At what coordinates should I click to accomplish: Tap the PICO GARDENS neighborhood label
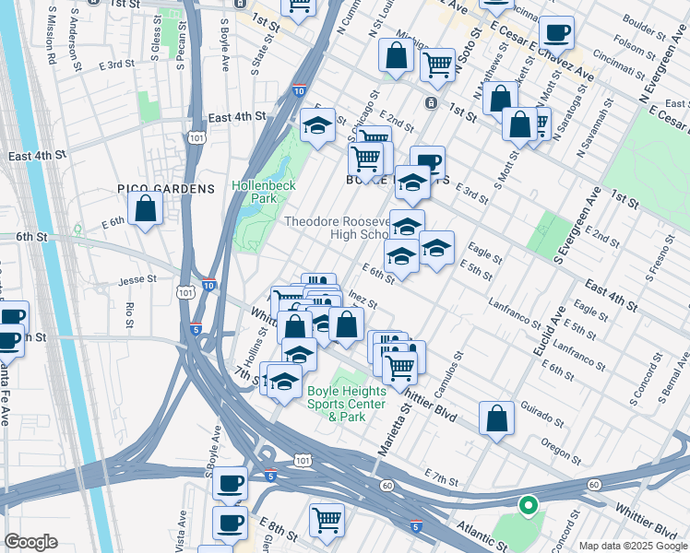pyautogui.click(x=166, y=189)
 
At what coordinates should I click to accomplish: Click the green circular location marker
pyautogui.click(x=528, y=505)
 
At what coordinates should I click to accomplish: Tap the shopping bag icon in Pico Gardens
pyautogui.click(x=145, y=209)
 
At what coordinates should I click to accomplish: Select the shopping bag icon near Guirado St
pyautogui.click(x=496, y=418)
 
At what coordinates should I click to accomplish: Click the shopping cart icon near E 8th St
pyautogui.click(x=327, y=519)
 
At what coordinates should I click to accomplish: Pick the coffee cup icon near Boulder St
pyautogui.click(x=556, y=33)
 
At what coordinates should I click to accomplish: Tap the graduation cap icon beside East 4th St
pyautogui.click(x=317, y=124)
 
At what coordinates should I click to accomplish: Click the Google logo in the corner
pyautogui.click(x=30, y=542)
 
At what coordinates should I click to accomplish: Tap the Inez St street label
pyautogui.click(x=363, y=300)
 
